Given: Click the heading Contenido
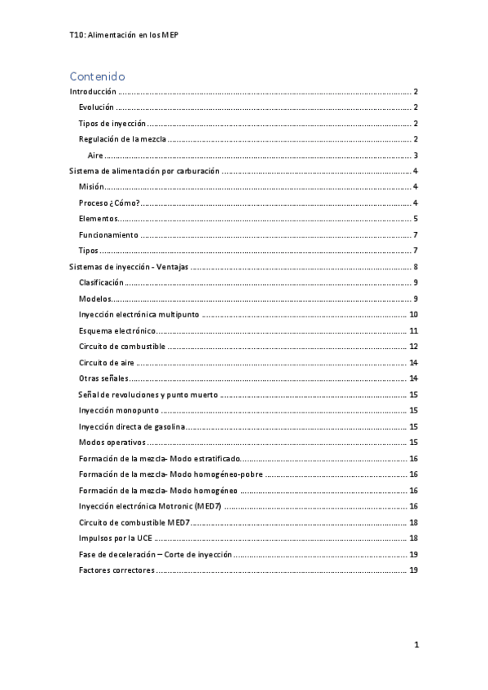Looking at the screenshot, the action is [x=97, y=76].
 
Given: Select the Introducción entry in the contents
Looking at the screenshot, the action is [x=92, y=93].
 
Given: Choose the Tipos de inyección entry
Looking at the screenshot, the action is [x=112, y=124].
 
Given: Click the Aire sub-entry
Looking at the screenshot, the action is [x=95, y=155].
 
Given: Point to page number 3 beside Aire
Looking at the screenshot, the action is [x=415, y=155].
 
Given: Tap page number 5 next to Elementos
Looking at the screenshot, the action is [x=415, y=219].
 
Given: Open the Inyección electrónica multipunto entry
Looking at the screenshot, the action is [x=138, y=314].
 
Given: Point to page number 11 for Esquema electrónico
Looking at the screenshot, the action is [x=414, y=330].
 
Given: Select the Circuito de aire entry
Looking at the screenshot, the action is [x=107, y=362].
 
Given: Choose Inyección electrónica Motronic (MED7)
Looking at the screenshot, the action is [x=149, y=506].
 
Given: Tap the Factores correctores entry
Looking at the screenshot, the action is [x=116, y=570].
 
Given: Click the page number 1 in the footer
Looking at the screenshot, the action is [x=415, y=645].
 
